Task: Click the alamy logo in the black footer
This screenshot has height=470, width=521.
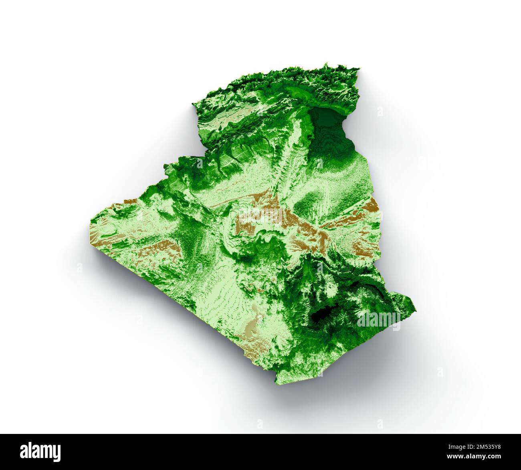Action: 40,452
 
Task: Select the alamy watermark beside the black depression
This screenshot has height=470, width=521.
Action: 378,319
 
